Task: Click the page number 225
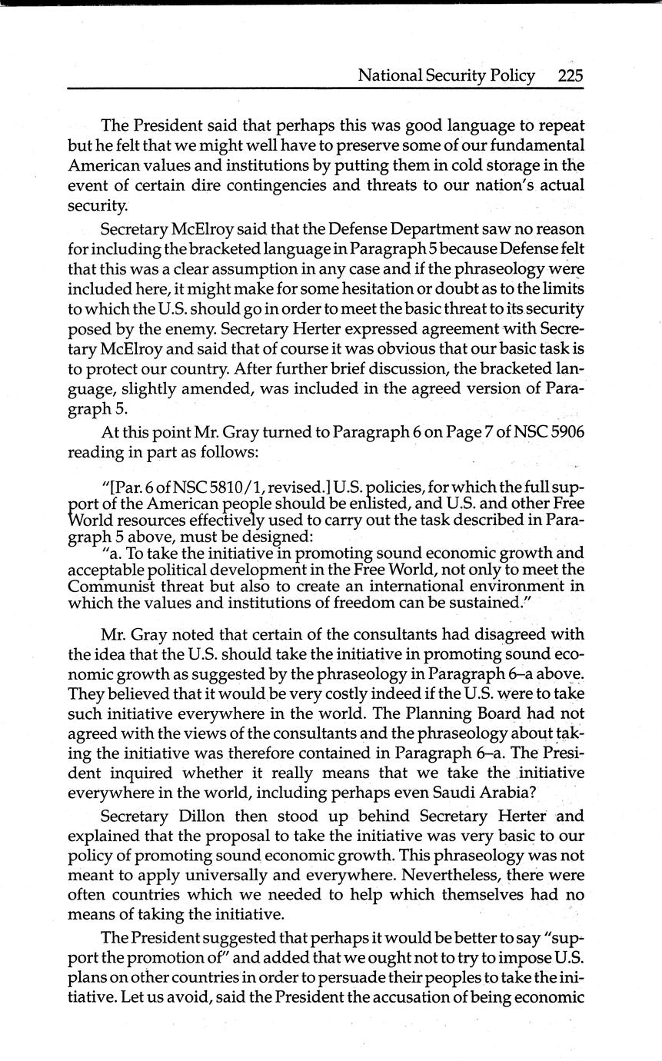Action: (571, 75)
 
